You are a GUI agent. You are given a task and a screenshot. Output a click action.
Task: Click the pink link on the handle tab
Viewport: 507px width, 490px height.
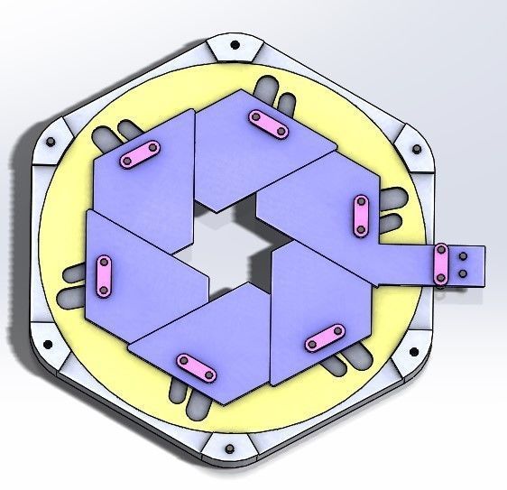tap(442, 264)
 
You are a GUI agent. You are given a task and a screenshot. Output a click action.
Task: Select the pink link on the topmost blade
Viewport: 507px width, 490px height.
tap(268, 124)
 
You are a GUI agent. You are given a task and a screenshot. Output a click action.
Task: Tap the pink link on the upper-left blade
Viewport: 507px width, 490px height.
tap(141, 154)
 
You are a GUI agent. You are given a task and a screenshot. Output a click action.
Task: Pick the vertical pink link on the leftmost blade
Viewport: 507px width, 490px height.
tap(104, 275)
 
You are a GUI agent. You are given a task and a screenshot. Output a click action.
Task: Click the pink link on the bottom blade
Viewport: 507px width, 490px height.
tap(196, 367)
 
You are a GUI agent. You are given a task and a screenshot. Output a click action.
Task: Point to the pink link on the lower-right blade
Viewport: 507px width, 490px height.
tap(325, 338)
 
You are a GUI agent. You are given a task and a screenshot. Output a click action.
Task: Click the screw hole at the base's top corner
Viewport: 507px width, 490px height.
tap(235, 44)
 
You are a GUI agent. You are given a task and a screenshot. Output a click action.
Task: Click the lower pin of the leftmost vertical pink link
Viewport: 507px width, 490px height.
tap(103, 290)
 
